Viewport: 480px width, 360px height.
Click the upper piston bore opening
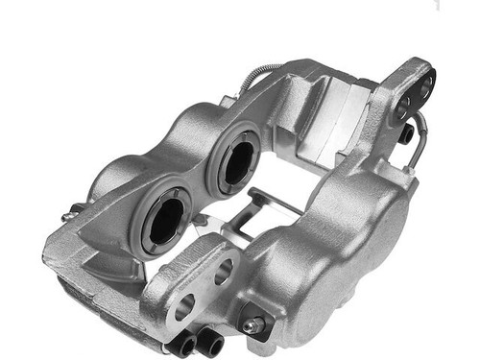point(233,161)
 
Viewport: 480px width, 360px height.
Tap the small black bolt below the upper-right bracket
point(406,133)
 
